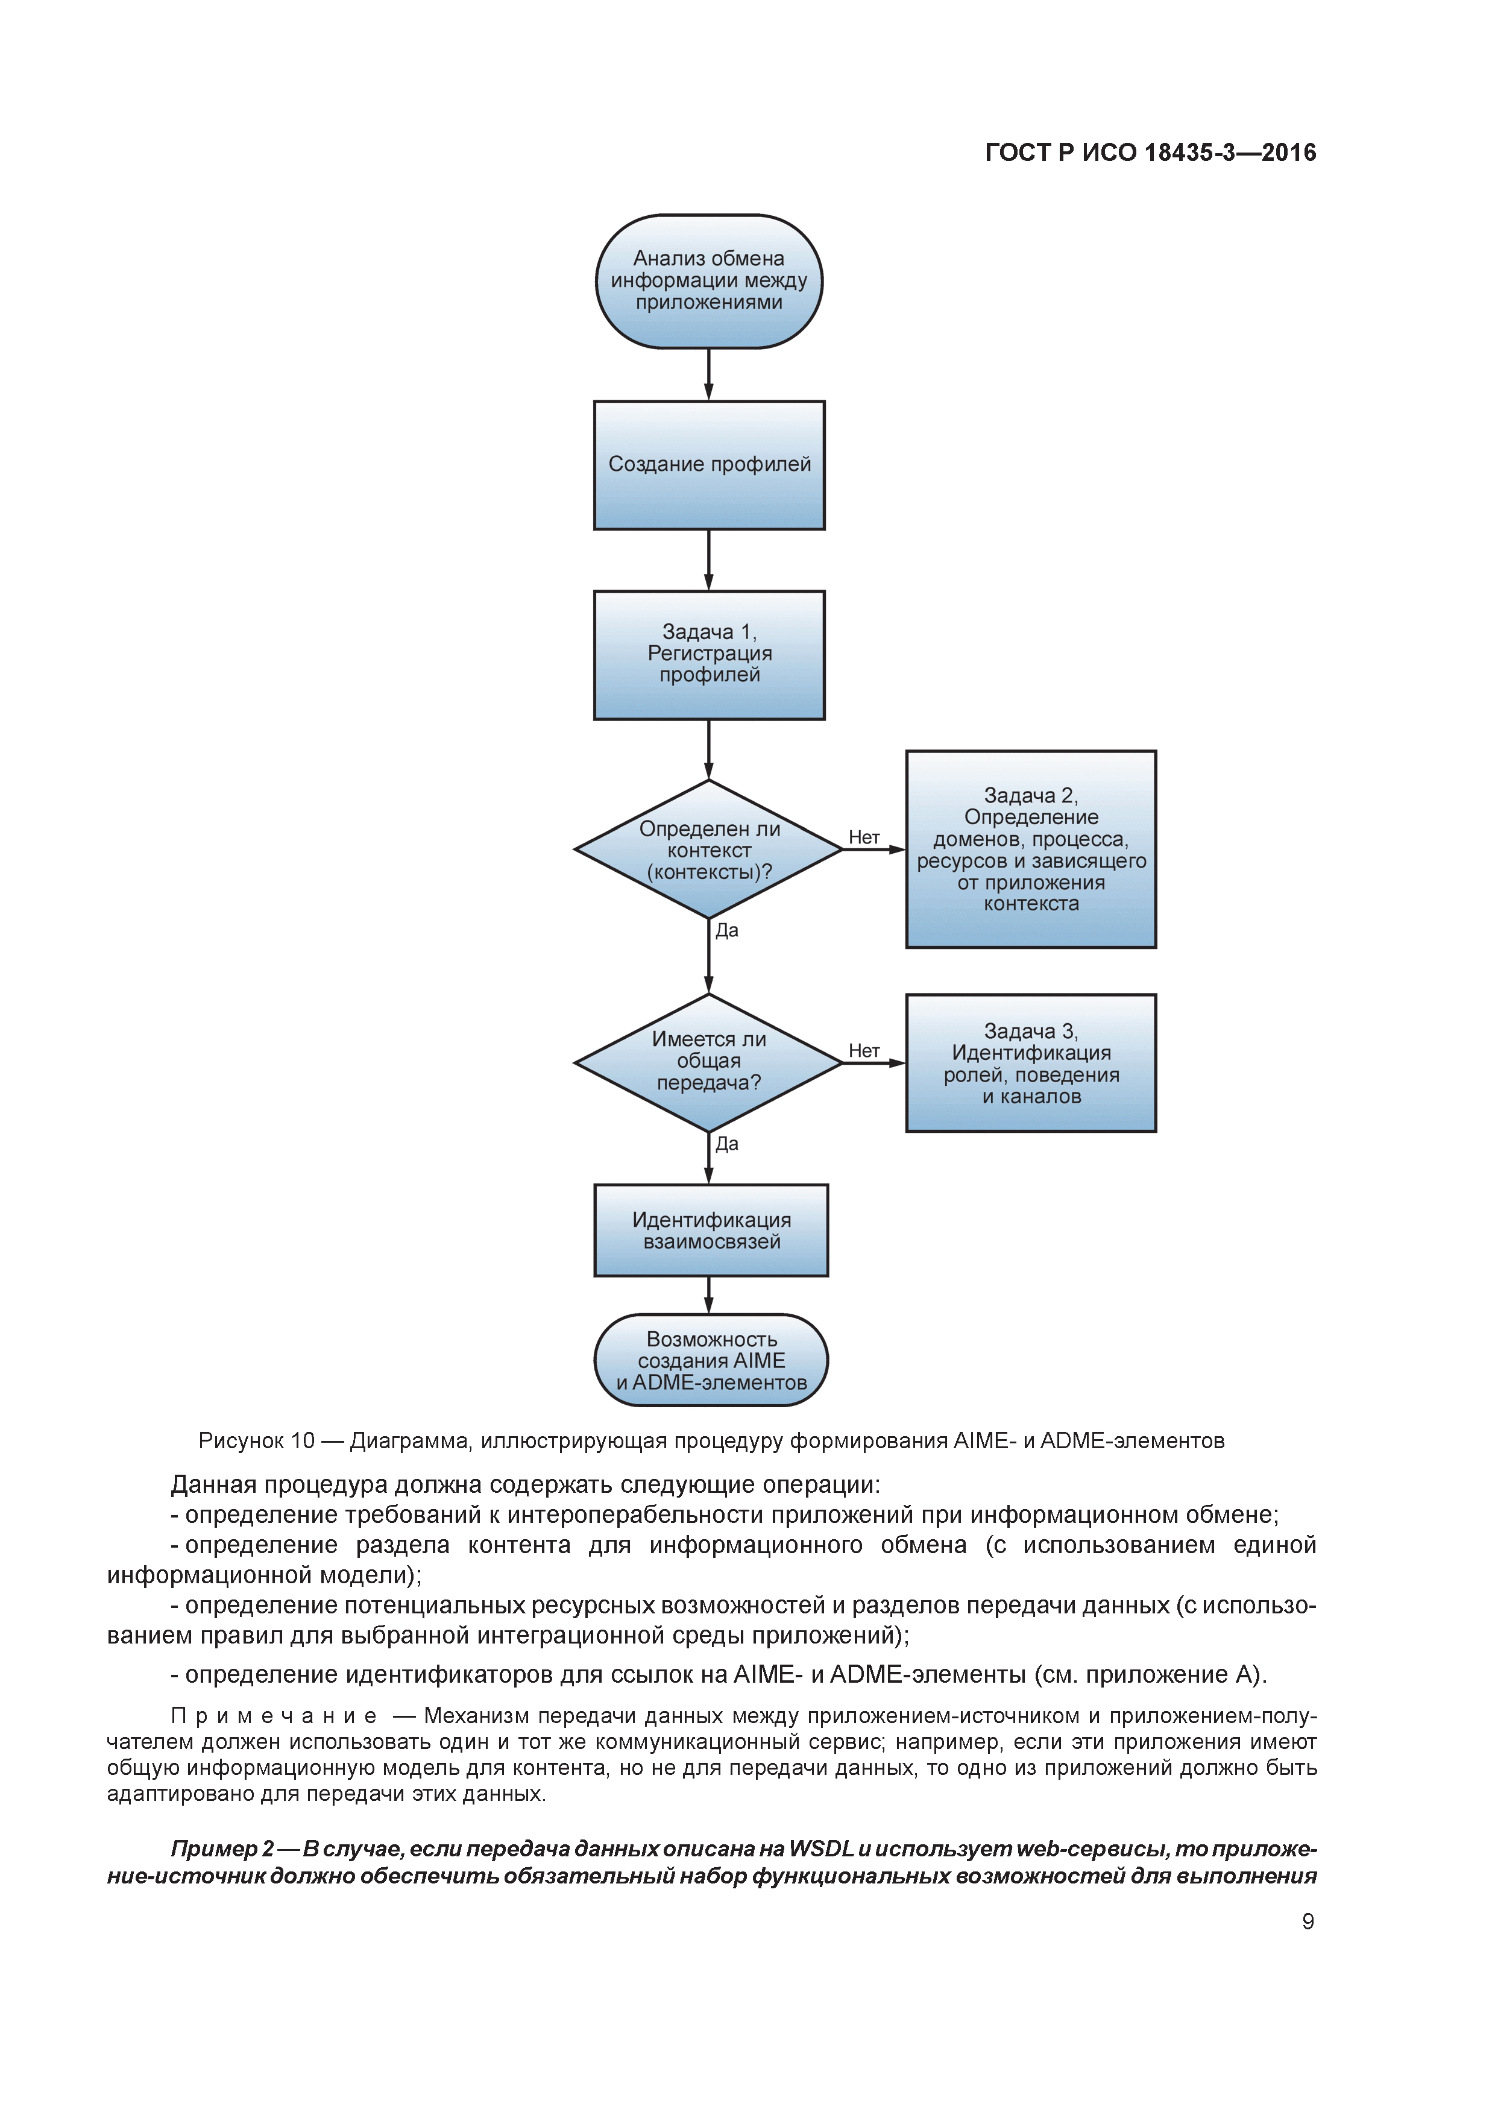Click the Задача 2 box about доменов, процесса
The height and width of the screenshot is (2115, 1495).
(x=1031, y=849)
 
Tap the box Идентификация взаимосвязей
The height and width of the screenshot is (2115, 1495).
(x=711, y=1231)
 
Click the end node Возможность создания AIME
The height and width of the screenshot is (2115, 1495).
(x=711, y=1361)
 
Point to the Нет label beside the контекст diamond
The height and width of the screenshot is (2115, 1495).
(x=864, y=837)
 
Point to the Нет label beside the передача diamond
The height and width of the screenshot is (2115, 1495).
(x=864, y=1050)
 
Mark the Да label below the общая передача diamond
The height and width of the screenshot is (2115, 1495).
(x=727, y=1144)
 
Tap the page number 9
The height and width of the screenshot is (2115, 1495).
(x=1307, y=1921)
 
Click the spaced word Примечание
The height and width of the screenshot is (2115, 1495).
(x=274, y=1715)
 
